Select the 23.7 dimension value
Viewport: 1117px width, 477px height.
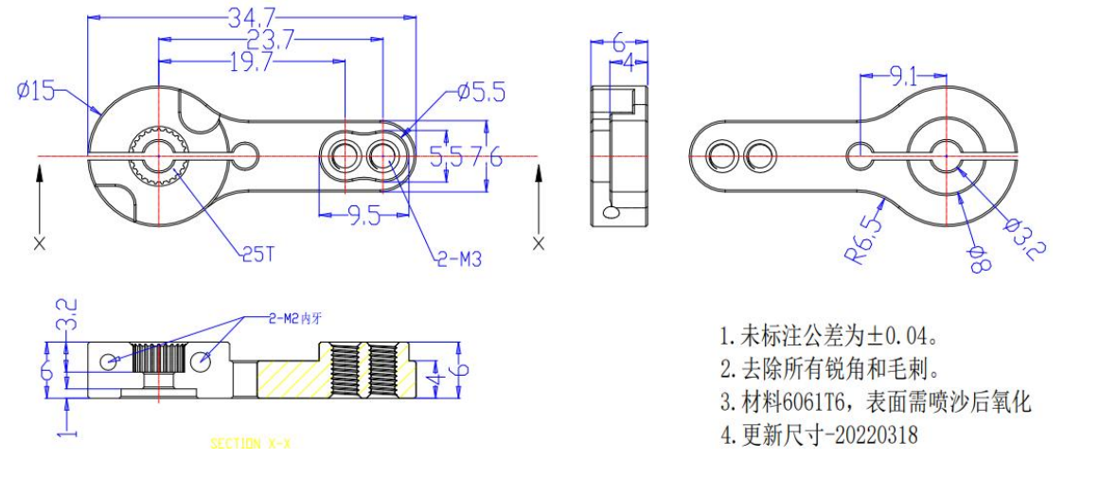[x=257, y=39]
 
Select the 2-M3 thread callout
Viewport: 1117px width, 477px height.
[x=458, y=258]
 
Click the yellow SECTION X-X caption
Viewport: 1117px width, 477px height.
[x=249, y=443]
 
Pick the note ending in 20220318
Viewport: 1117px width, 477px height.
[x=818, y=435]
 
